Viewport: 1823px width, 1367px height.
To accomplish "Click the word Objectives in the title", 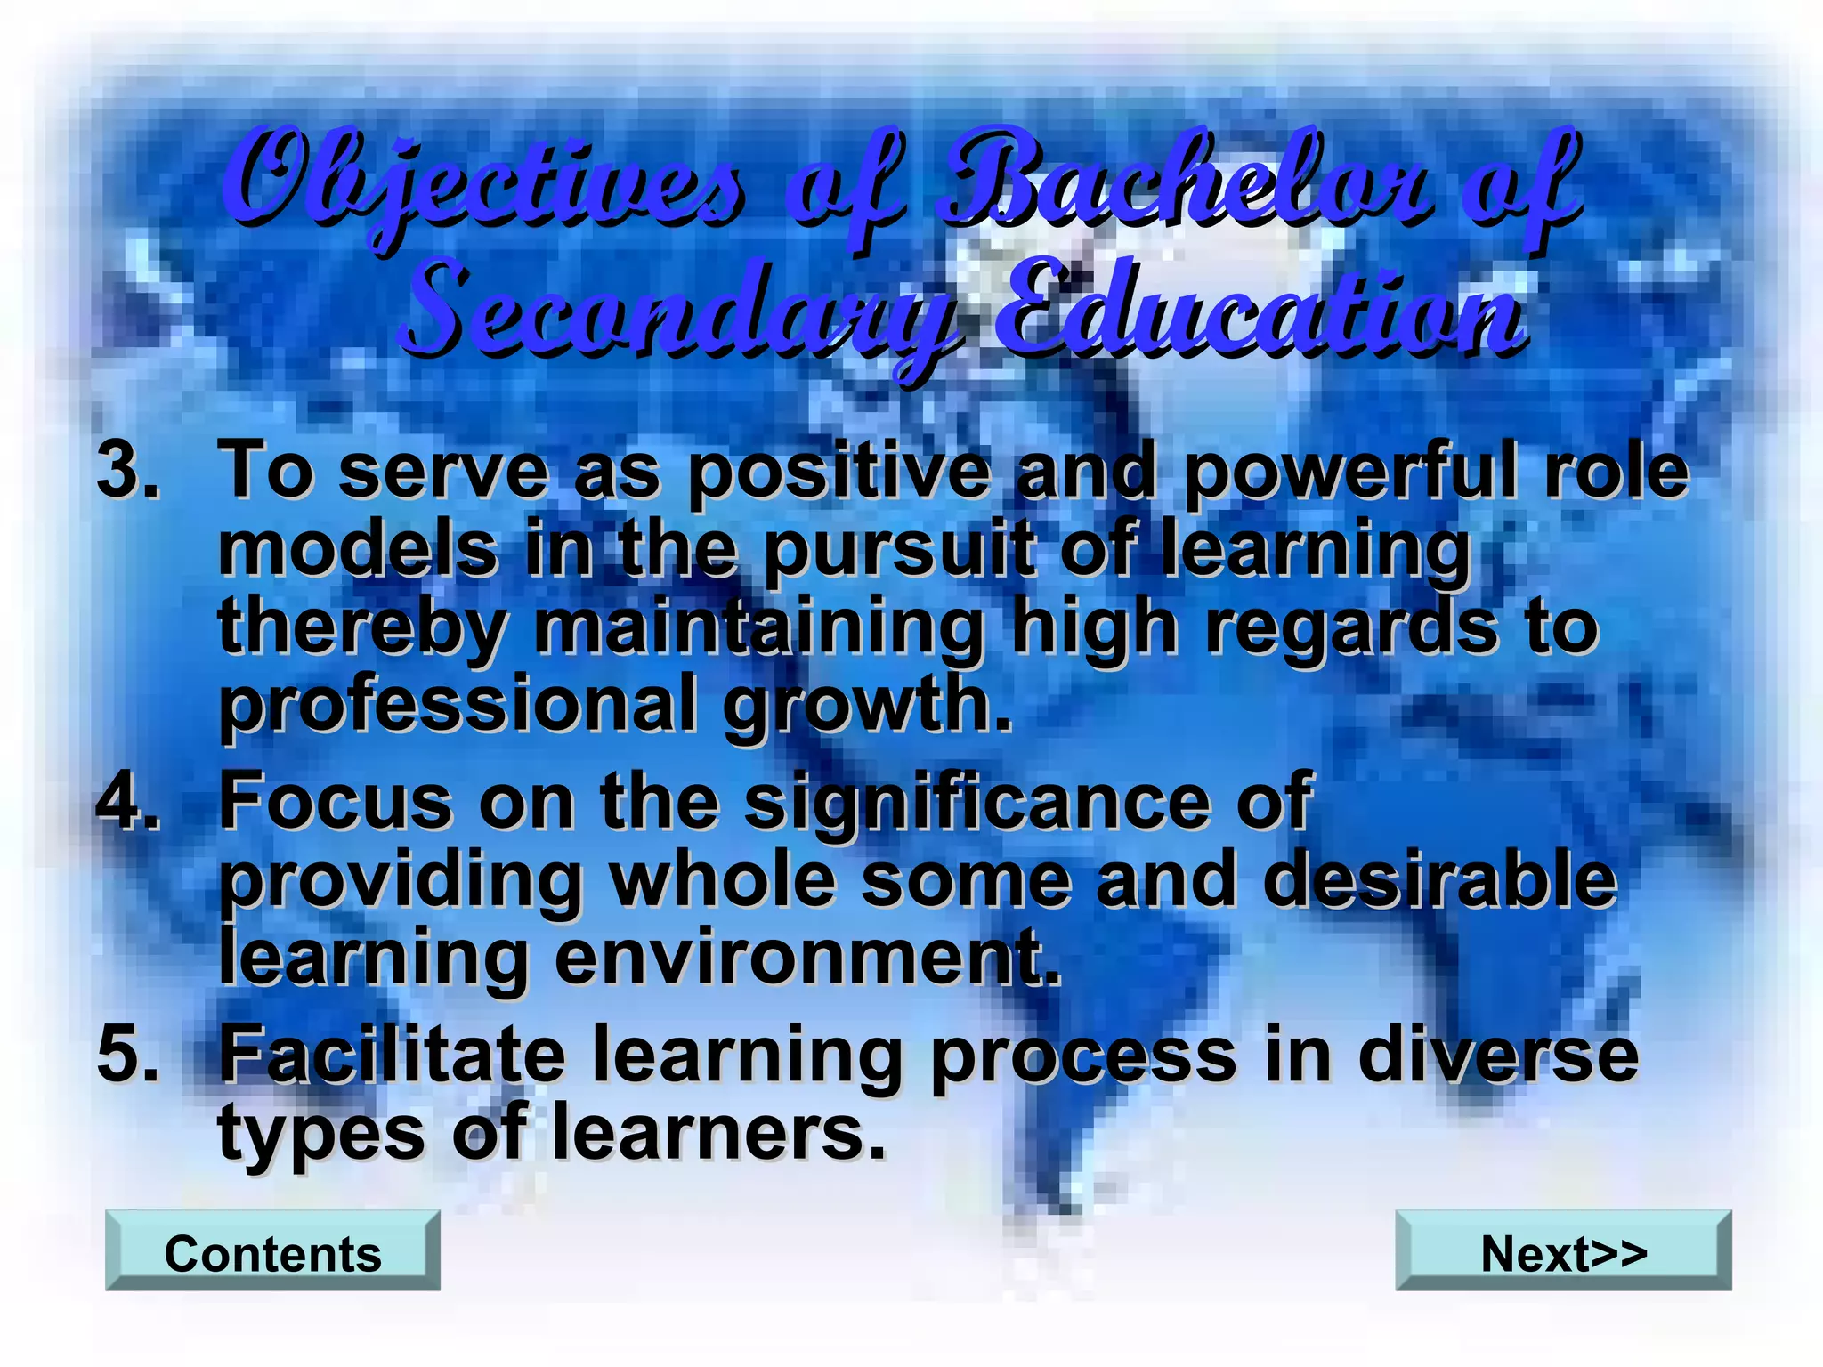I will [x=485, y=182].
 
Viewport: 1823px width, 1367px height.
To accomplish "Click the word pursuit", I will [x=898, y=550].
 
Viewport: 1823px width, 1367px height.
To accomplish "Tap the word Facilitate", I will [x=393, y=1055].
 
